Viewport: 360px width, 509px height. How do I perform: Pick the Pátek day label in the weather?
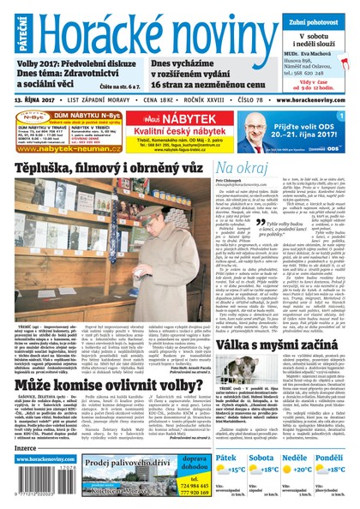point(228,458)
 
